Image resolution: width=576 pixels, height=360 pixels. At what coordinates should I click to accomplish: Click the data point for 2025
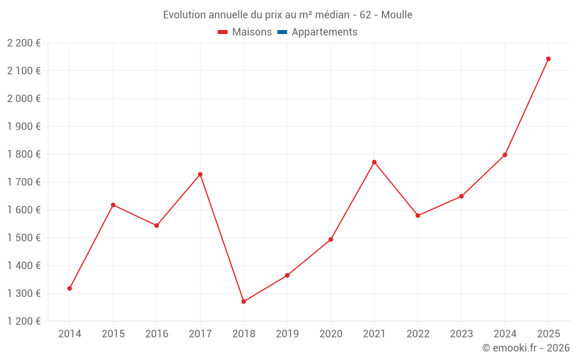click(548, 59)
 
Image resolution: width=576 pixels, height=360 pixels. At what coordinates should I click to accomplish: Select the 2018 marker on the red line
click(244, 301)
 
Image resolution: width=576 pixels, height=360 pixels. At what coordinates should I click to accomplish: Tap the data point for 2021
click(374, 162)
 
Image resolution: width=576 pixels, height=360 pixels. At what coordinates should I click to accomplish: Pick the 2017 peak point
click(200, 174)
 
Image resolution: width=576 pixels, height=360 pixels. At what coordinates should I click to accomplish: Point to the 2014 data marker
click(70, 288)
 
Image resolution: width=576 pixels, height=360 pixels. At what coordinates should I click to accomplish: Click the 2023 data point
click(461, 196)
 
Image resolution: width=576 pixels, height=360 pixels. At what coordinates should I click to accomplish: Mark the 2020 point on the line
click(331, 239)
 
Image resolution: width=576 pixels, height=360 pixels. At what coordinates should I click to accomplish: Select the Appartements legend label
click(324, 32)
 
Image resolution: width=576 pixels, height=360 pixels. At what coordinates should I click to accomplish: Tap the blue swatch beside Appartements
click(282, 32)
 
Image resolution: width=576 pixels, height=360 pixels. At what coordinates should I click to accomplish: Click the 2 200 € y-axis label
click(24, 43)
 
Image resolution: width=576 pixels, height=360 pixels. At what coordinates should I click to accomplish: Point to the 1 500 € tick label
click(24, 238)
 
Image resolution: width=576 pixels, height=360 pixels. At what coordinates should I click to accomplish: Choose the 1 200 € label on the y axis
click(24, 321)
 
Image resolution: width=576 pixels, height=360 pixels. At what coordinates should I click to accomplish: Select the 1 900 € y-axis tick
click(24, 126)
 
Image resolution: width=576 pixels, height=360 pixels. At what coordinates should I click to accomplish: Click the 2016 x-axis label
click(157, 334)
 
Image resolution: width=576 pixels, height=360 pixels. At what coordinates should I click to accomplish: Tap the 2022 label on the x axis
click(418, 334)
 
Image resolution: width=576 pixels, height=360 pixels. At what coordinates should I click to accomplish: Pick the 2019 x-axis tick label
click(287, 334)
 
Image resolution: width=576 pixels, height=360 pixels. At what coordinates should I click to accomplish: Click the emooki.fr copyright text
click(526, 348)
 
